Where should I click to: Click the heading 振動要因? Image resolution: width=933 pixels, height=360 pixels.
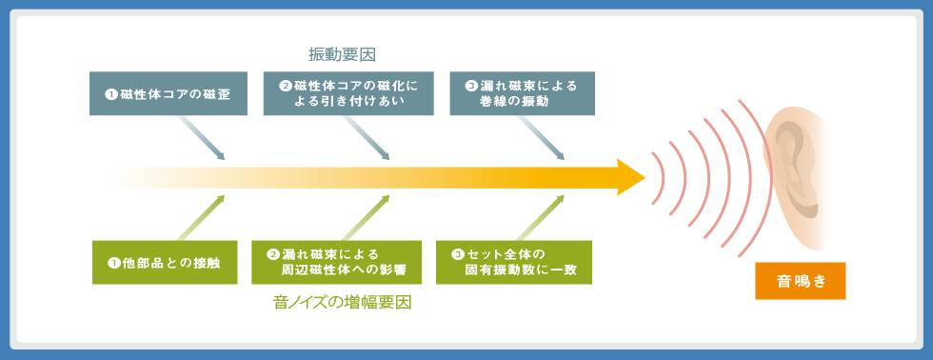(x=342, y=54)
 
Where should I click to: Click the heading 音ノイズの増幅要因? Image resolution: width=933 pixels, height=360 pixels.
(x=342, y=302)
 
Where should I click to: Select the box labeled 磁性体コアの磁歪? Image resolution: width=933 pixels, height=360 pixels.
(x=169, y=93)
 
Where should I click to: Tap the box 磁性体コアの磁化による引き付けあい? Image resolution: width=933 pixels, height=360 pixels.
(x=348, y=93)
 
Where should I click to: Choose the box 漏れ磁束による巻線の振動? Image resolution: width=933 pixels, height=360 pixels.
(x=523, y=93)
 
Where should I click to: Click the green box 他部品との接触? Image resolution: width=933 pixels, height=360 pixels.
(x=165, y=263)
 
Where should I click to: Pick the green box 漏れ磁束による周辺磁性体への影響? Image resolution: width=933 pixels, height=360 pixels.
(x=337, y=263)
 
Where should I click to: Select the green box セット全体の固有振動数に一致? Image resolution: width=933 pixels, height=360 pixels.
(x=514, y=263)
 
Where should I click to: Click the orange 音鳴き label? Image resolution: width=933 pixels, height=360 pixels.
(x=801, y=281)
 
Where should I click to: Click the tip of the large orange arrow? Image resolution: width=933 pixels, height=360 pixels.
(x=645, y=177)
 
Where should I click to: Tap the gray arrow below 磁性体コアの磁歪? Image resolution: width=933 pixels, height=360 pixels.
(x=201, y=138)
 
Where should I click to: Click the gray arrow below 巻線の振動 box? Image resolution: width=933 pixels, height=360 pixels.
(x=541, y=138)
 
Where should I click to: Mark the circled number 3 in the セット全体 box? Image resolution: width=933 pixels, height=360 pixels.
(x=457, y=254)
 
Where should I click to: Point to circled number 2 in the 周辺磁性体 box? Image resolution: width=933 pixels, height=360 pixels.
(x=273, y=254)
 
